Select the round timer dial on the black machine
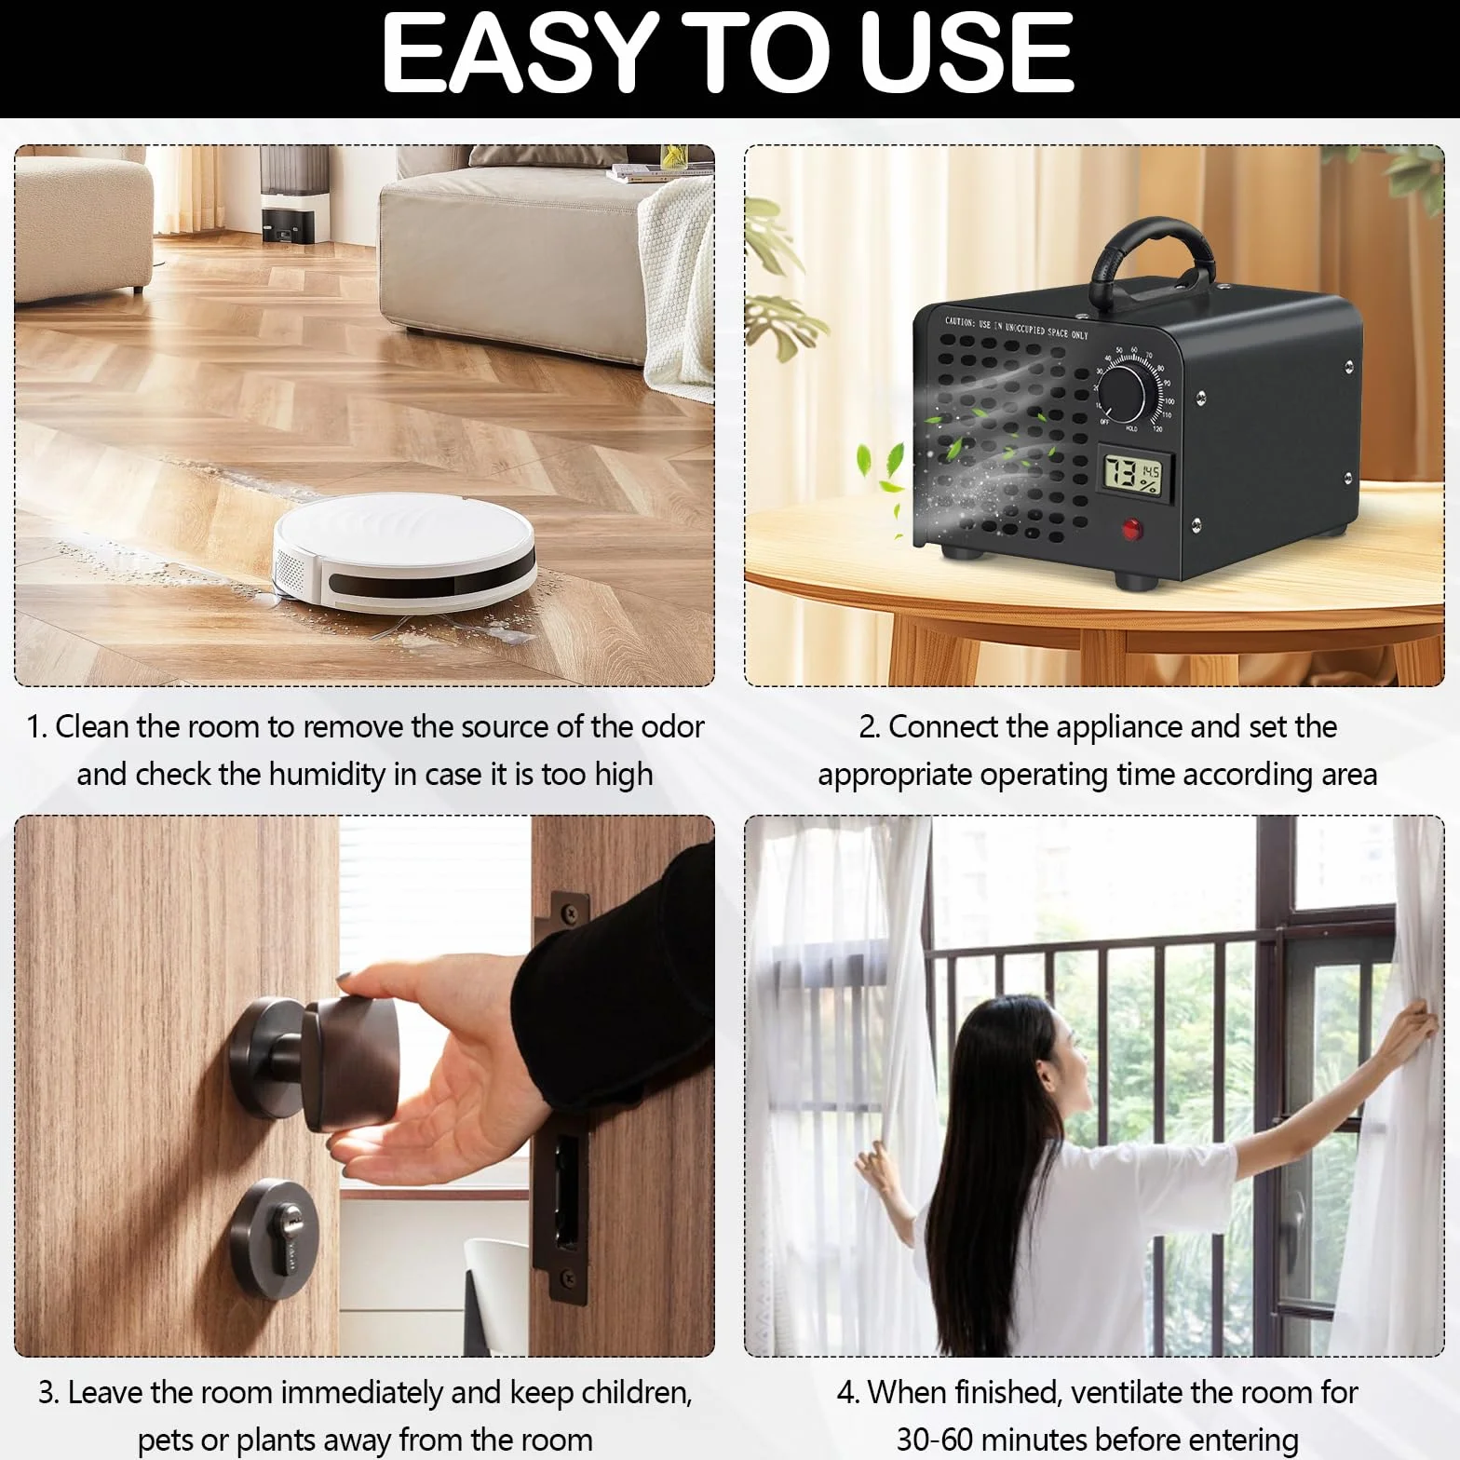(1123, 391)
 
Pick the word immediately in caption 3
(361, 1393)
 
